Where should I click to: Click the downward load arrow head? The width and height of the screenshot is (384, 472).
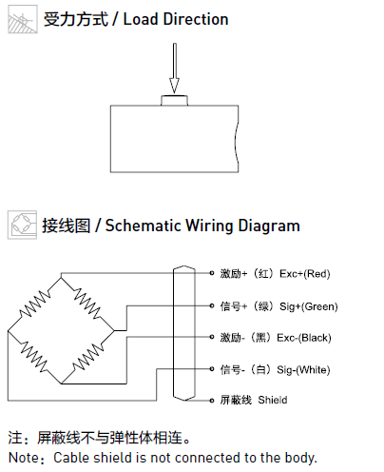click(174, 86)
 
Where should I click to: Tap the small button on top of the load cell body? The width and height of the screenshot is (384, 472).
click(174, 100)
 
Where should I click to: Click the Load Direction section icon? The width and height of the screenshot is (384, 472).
click(23, 19)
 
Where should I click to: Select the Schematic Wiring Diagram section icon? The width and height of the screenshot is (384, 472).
click(22, 225)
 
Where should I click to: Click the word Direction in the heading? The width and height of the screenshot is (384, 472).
click(196, 19)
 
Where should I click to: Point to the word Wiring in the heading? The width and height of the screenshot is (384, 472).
click(209, 226)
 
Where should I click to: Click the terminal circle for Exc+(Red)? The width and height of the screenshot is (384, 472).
click(212, 273)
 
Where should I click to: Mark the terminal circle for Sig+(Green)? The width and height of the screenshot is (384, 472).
click(212, 305)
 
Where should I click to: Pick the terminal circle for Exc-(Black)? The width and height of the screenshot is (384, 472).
click(212, 337)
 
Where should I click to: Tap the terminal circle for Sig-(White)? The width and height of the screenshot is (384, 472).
click(212, 369)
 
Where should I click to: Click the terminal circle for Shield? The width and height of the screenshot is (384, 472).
click(212, 401)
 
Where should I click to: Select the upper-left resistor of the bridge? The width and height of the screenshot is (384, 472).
click(34, 304)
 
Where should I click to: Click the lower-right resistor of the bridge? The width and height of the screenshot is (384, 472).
click(87, 357)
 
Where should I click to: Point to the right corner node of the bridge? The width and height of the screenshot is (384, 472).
click(114, 330)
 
